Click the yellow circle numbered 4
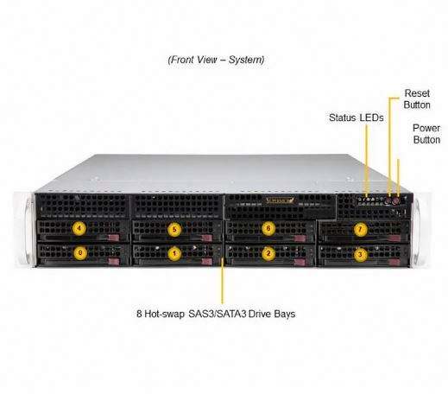[x=79, y=229]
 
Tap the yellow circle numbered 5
[x=174, y=230]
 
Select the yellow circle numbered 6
[x=268, y=228]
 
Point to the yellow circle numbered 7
[x=360, y=230]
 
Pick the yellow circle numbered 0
[x=80, y=253]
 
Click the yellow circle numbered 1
[x=174, y=254]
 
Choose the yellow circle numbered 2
[x=268, y=253]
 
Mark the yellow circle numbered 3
[x=360, y=254]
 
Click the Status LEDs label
[x=357, y=118]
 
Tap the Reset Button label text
[x=417, y=99]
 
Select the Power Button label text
[x=426, y=134]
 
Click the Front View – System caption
[x=216, y=60]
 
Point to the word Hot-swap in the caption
[x=165, y=314]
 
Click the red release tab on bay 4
[x=113, y=238]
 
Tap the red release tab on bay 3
[x=394, y=263]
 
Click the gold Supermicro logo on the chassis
[x=280, y=200]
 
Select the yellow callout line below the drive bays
[x=222, y=281]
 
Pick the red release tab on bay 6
[x=300, y=238]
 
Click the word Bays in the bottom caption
[x=285, y=314]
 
